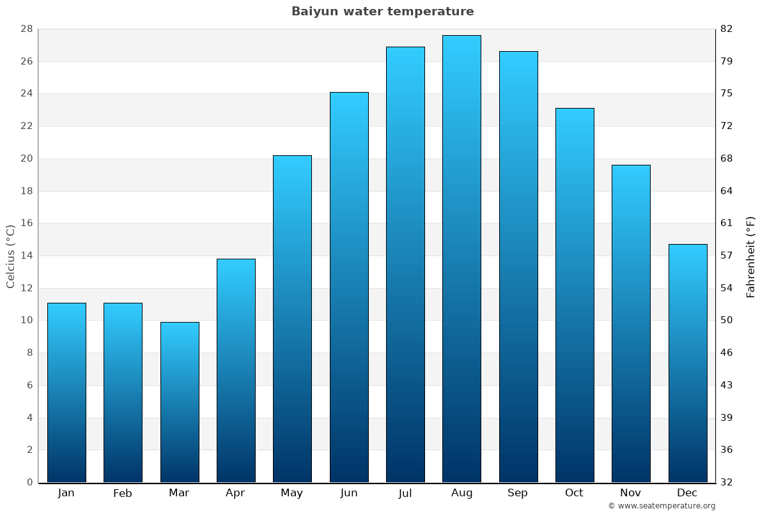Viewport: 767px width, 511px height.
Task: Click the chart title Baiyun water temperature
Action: point(382,11)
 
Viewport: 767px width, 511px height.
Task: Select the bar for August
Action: point(461,259)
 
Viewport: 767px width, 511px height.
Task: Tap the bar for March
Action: point(180,402)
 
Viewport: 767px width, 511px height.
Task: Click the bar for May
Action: point(292,319)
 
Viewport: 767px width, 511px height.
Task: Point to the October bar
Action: point(575,295)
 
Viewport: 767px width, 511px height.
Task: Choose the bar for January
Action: point(66,392)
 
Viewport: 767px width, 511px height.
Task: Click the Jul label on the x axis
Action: point(405,493)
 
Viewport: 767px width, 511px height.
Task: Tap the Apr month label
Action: point(235,493)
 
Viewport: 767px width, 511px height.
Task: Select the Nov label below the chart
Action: point(631,493)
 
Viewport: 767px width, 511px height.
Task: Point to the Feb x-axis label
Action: point(123,493)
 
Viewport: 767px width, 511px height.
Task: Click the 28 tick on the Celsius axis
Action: point(26,29)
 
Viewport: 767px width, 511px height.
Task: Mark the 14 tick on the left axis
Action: point(26,256)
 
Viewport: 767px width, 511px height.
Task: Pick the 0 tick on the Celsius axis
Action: point(29,482)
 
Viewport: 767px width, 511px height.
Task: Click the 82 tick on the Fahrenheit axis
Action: point(727,29)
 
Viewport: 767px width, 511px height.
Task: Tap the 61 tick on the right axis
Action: point(727,223)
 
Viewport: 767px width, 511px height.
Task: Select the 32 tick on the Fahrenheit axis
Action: point(727,482)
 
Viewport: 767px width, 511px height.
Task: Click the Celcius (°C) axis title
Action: point(10,256)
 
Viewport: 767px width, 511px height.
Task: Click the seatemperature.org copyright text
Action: point(662,506)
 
